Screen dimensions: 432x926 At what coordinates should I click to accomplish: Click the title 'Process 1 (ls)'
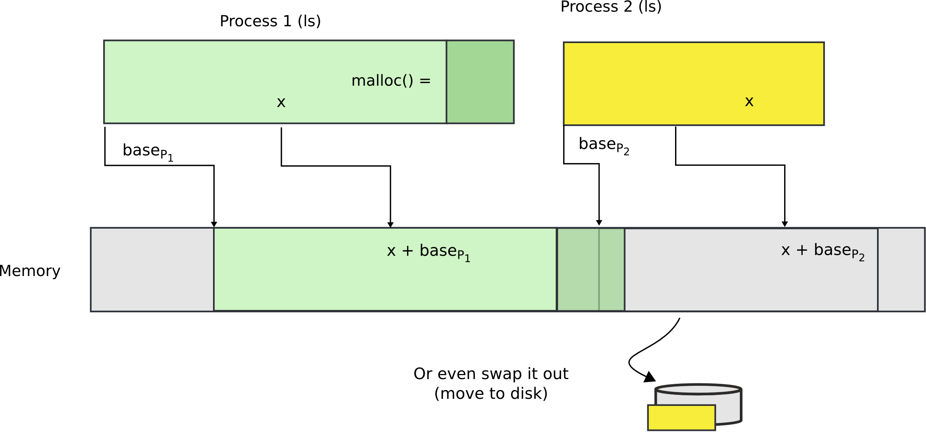(x=270, y=21)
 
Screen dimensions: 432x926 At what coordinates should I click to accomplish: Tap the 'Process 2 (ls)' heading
(x=611, y=7)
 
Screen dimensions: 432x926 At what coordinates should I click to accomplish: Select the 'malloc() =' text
(x=390, y=81)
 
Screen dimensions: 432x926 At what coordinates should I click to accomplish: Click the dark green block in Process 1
(x=480, y=82)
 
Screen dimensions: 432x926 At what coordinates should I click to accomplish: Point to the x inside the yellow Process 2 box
(x=749, y=102)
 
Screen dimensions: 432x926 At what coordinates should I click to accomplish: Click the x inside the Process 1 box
(x=281, y=103)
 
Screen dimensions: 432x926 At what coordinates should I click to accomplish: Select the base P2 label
(x=604, y=145)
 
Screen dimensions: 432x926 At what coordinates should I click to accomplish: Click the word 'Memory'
(x=30, y=271)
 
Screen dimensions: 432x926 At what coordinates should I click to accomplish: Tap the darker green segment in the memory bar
(x=590, y=269)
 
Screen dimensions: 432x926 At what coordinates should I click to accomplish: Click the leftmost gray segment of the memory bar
(x=152, y=269)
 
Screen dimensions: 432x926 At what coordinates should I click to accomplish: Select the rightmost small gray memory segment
(x=901, y=269)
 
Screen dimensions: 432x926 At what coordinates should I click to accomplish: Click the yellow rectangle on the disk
(x=681, y=417)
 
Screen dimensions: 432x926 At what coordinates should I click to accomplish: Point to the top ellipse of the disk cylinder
(x=698, y=389)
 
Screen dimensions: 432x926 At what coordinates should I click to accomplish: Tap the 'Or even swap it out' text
(x=491, y=374)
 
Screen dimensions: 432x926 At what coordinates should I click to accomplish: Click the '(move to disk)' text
(x=491, y=393)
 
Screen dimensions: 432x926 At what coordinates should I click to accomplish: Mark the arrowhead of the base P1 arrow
(x=214, y=224)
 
